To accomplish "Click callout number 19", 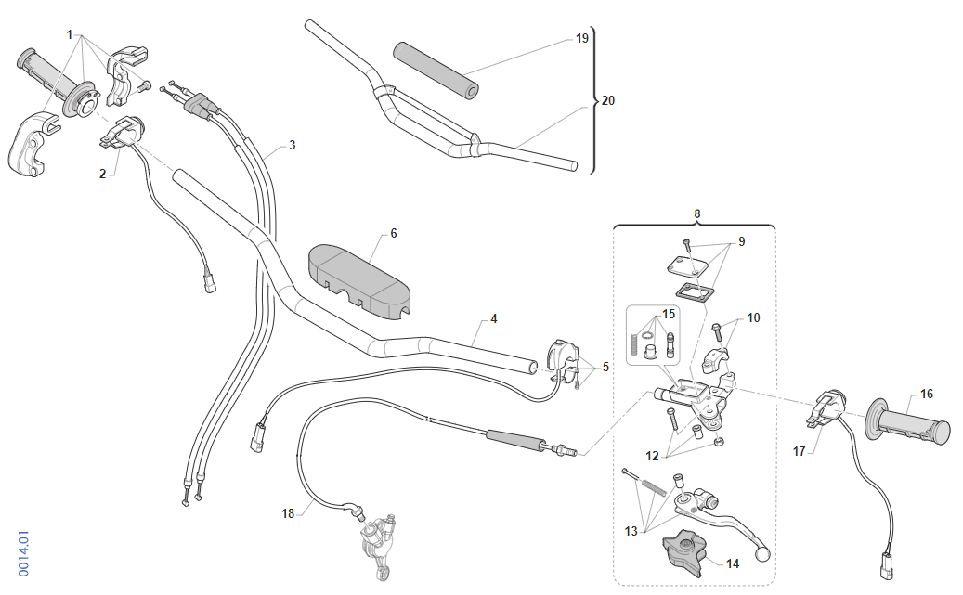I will (581, 39).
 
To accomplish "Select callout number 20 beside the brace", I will (607, 100).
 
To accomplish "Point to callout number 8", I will (697, 213).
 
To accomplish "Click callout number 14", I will (732, 563).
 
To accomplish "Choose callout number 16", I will (926, 394).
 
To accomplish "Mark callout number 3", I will (292, 145).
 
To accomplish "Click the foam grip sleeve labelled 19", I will (435, 69).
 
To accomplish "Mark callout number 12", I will (652, 456).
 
